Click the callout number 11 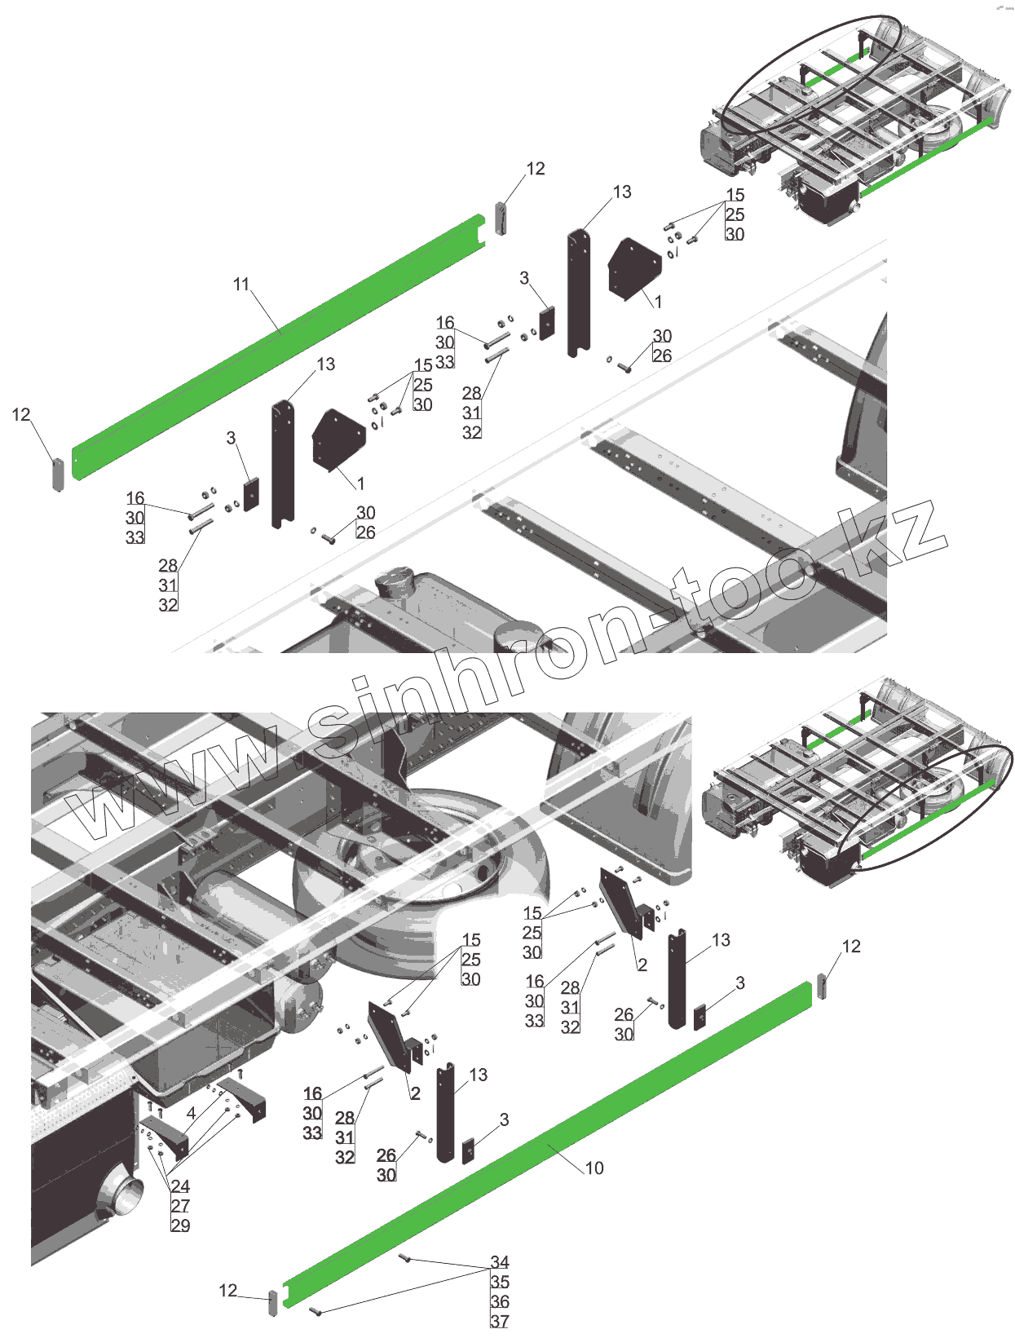(x=241, y=284)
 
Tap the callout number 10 (x=594, y=1168)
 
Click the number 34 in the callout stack (x=500, y=1262)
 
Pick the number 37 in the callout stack (x=500, y=1322)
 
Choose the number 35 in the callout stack (x=500, y=1282)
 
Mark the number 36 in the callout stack (x=500, y=1302)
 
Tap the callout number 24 (x=180, y=1186)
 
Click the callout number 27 (x=180, y=1206)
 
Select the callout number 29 (x=180, y=1225)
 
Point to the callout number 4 (x=191, y=1114)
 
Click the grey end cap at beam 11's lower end (x=58, y=475)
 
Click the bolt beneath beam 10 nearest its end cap (x=316, y=1312)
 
